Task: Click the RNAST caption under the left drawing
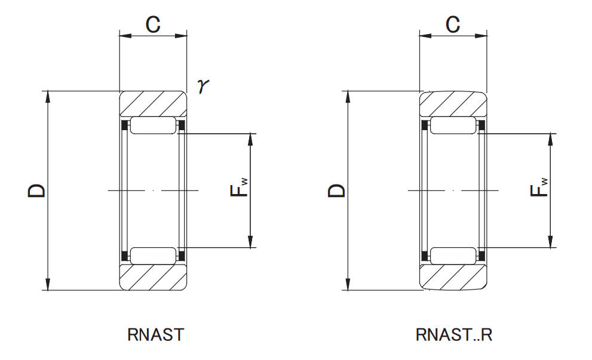155,334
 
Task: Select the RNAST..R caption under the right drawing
454,334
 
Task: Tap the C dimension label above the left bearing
154,24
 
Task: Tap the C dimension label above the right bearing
453,24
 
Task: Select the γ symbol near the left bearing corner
204,87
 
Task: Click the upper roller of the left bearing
154,126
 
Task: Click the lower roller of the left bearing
154,256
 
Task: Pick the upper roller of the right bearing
453,126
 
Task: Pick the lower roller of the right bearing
453,256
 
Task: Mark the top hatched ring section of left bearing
154,104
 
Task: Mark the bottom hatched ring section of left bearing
154,278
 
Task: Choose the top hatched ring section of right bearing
453,104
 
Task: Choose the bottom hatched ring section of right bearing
453,278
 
